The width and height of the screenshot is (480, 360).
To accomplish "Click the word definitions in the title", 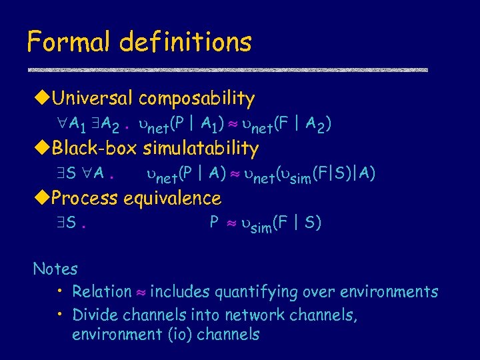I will (186, 42).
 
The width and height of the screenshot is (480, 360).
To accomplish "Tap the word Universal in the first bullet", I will (93, 99).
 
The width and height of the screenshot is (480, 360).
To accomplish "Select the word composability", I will (197, 99).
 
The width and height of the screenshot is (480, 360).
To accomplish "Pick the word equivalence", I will (177, 198).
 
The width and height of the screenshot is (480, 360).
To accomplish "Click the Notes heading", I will (55, 269).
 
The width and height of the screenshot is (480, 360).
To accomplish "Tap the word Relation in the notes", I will (102, 292).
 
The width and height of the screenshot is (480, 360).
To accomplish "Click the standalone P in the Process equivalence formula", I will (215, 222).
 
